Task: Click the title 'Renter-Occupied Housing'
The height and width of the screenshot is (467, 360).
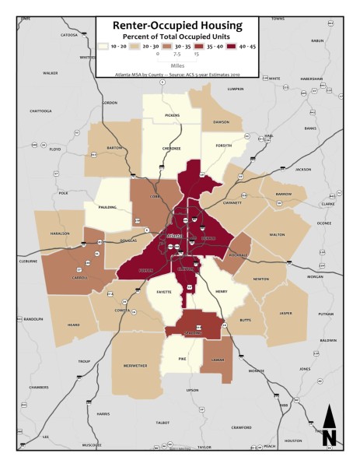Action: tap(178, 26)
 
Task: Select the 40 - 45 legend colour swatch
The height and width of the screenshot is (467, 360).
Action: tap(219, 47)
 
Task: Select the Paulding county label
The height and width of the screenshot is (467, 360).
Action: tap(109, 207)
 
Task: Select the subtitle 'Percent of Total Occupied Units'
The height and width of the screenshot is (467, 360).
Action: tap(178, 36)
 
